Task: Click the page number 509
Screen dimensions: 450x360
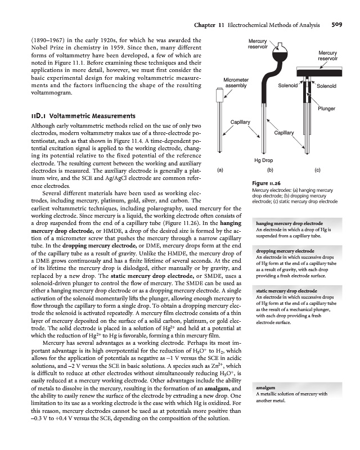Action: point(337,25)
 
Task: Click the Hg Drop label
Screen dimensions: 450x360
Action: point(263,160)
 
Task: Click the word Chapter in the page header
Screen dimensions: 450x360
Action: point(205,25)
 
